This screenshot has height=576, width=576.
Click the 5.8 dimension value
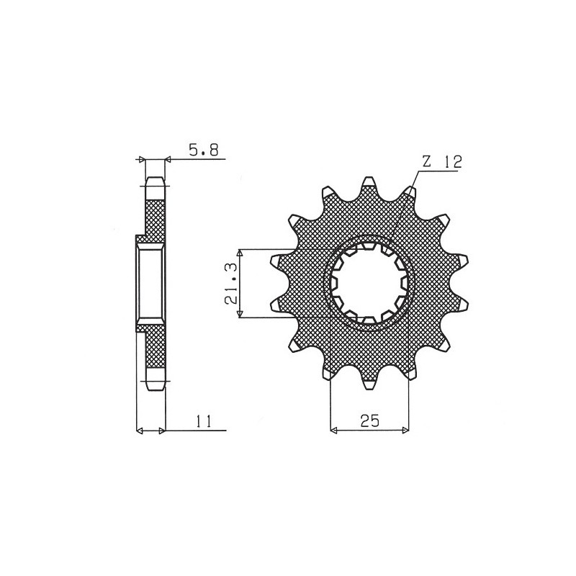204,150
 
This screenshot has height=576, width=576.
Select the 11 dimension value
204,421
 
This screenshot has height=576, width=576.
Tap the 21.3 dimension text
230,283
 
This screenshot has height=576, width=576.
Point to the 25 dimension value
369,421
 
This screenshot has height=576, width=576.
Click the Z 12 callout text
441,161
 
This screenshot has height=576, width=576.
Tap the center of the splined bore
369,283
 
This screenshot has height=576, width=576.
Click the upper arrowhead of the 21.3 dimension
240,253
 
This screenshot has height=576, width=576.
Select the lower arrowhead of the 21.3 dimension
240,314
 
